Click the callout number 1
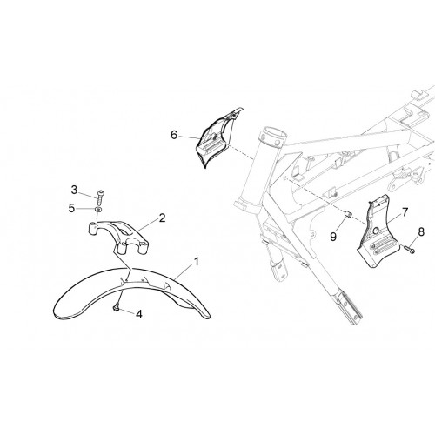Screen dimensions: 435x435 (x=197, y=262)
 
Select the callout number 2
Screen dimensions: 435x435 (x=162, y=217)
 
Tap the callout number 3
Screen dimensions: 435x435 (x=75, y=191)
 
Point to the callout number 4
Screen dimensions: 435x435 (x=139, y=314)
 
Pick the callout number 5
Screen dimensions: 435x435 (x=71, y=208)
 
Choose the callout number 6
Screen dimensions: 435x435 (x=174, y=135)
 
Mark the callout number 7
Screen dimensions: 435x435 (x=405, y=212)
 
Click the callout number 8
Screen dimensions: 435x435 (x=421, y=231)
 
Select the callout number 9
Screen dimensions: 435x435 (x=333, y=237)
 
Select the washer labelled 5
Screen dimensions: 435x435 (x=98, y=210)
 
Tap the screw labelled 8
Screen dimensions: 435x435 (x=409, y=249)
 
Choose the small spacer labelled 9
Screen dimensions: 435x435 (x=347, y=214)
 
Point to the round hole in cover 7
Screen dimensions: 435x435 (x=376, y=231)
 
